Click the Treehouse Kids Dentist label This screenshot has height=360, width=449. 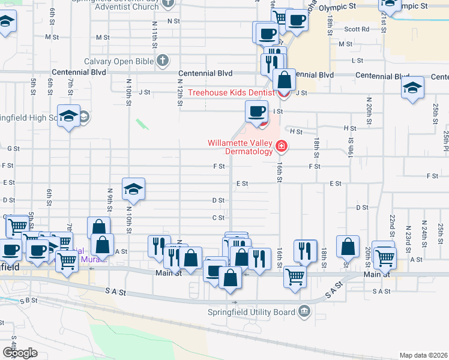tap(231, 92)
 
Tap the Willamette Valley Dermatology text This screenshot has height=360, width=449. tap(240, 147)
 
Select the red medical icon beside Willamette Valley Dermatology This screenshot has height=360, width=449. tap(280, 146)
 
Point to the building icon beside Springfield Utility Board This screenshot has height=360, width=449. tap(304, 311)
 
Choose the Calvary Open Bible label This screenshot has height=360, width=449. tap(119, 61)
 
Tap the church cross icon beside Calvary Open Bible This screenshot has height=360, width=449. tap(162, 61)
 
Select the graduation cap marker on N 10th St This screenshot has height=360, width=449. tap(133, 190)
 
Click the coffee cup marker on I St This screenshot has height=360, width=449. tap(257, 111)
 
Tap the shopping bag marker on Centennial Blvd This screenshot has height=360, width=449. tap(284, 80)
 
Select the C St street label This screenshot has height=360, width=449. tap(218, 217)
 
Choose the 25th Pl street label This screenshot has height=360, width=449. tap(446, 142)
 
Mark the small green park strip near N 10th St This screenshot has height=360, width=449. tap(142, 124)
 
